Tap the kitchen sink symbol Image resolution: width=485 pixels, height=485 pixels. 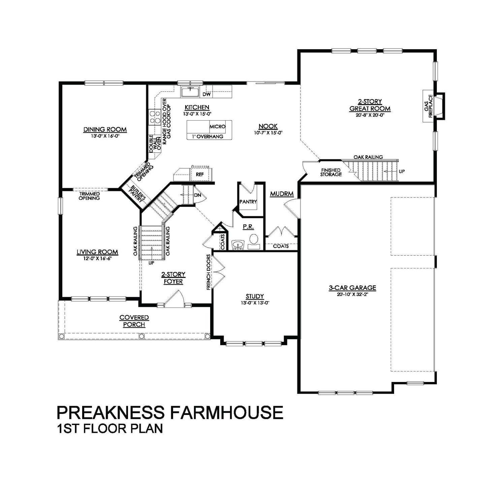click(x=190, y=92)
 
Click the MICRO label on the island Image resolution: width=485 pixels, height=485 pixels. click(x=217, y=127)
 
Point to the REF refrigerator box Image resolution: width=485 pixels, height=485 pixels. click(x=200, y=174)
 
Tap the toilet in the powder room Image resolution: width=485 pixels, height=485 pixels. click(x=254, y=240)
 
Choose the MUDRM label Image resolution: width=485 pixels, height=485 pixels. click(x=282, y=194)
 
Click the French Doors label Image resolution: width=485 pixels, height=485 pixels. click(x=209, y=272)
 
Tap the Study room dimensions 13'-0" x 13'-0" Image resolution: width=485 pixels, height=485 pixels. click(x=254, y=302)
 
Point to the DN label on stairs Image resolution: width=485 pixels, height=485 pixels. click(x=197, y=195)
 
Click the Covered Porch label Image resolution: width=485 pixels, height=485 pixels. click(x=134, y=321)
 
